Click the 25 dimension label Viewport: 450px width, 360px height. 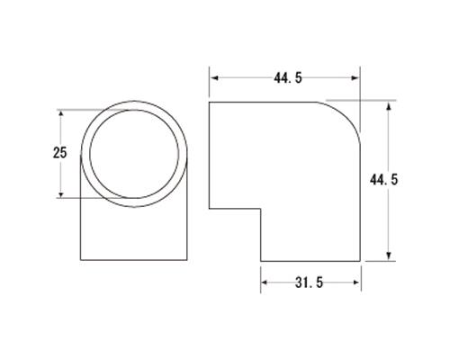[x=61, y=153]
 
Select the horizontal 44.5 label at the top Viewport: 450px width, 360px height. [x=286, y=79]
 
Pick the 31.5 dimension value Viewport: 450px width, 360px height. [x=310, y=284]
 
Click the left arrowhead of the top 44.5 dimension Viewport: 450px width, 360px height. [x=213, y=79]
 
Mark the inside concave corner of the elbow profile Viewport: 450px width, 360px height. [x=261, y=210]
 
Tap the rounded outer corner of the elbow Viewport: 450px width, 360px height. [x=348, y=114]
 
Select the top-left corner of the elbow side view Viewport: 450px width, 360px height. [x=210, y=101]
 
